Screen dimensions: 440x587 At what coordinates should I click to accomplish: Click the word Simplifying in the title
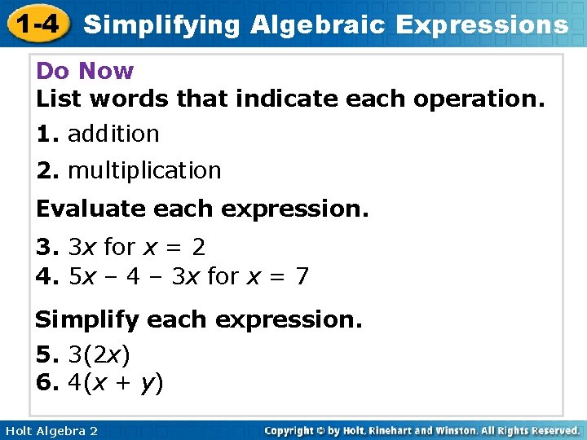(162, 24)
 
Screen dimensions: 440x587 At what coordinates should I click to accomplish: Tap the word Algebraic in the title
(318, 24)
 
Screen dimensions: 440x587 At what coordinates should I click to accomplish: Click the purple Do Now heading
(85, 71)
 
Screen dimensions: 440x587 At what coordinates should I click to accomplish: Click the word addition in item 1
(113, 134)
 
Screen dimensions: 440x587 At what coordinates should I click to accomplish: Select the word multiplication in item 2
(144, 170)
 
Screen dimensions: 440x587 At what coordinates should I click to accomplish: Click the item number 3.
(45, 246)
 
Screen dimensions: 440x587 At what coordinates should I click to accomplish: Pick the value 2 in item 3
(199, 246)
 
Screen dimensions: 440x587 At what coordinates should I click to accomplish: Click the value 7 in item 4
(302, 276)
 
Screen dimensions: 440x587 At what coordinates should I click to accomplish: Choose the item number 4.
(45, 276)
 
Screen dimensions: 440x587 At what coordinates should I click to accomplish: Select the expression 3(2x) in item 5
(99, 354)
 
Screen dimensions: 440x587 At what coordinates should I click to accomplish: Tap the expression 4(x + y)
(116, 382)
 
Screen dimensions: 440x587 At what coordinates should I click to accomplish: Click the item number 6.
(45, 382)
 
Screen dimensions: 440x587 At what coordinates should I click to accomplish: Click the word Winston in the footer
(457, 430)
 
